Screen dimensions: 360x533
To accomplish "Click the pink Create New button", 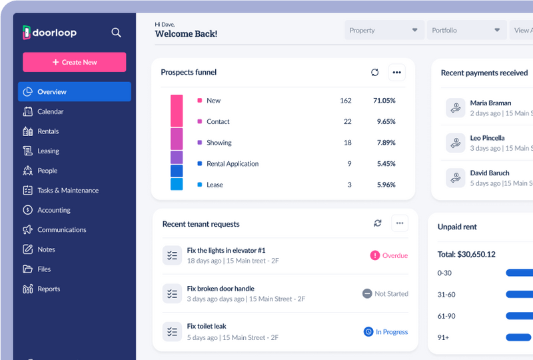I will click(x=74, y=62).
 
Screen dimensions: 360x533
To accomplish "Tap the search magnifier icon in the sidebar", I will click(x=116, y=32).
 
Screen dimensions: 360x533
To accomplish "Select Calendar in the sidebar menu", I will click(x=51, y=111).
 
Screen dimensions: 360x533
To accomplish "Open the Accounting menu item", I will click(x=53, y=210).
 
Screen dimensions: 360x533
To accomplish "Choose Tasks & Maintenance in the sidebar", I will click(x=67, y=190).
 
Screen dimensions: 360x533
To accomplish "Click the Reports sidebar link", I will click(x=49, y=289).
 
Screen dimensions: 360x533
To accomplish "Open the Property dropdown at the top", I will click(x=384, y=30).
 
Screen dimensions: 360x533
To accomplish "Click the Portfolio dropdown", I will click(x=466, y=30).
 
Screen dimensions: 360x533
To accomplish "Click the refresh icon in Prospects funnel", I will click(x=374, y=72).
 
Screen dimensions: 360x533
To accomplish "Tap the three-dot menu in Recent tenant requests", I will click(x=400, y=223).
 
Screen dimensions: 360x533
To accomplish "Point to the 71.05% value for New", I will click(x=384, y=101).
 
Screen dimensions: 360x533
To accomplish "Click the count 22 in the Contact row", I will click(x=347, y=121).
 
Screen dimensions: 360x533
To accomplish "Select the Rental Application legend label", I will click(x=233, y=163).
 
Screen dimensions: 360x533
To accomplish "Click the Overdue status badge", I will click(x=389, y=255).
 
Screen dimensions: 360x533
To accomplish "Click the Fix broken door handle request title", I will click(x=221, y=289).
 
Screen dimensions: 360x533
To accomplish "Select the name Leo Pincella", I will click(x=487, y=138).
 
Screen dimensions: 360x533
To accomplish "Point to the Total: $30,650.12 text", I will click(x=466, y=254).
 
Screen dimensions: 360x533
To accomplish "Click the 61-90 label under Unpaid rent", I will click(x=446, y=315).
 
